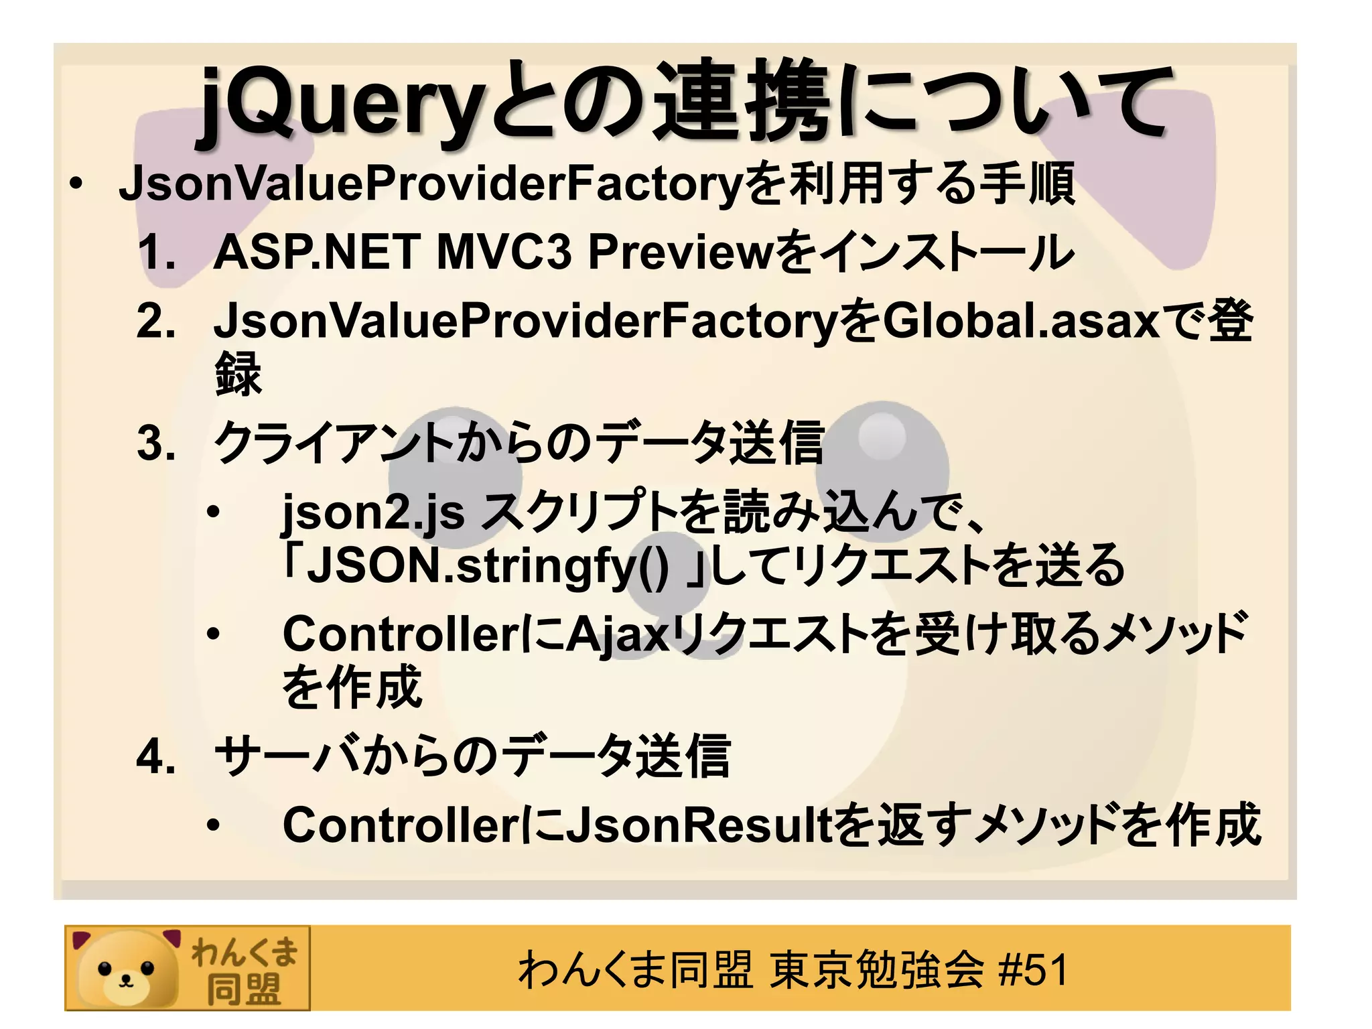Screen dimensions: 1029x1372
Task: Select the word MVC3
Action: coord(504,253)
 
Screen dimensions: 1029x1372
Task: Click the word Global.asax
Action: coord(1021,321)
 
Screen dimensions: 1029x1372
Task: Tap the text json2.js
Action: coord(372,512)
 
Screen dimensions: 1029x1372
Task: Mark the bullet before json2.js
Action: coord(213,512)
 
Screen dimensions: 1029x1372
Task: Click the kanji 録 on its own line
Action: coord(238,374)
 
